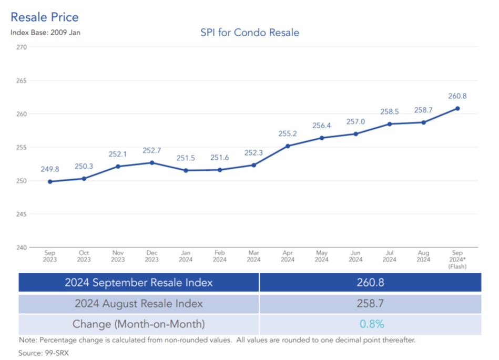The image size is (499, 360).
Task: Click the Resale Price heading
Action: [45, 17]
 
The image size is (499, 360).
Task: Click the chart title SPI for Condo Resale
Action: [249, 33]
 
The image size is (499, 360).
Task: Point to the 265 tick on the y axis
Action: [22, 80]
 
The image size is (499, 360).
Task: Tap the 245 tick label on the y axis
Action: [22, 214]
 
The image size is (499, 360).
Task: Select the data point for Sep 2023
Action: [50, 182]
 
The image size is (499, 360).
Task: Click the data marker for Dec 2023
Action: [152, 162]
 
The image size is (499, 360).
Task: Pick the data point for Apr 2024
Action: [288, 146]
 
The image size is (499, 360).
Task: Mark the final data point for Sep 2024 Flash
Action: [457, 108]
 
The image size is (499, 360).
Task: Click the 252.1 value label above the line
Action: [118, 154]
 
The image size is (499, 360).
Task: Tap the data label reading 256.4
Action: [321, 126]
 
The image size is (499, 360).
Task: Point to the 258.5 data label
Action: [390, 111]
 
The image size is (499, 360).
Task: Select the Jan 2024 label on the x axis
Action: [186, 256]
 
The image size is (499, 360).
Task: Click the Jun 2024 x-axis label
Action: [355, 256]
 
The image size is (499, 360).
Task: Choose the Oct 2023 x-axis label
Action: [84, 256]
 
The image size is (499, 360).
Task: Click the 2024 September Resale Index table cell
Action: [139, 282]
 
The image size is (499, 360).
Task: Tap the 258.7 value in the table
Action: [370, 304]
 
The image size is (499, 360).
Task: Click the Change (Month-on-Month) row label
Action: [139, 324]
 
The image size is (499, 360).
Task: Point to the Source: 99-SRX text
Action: [43, 353]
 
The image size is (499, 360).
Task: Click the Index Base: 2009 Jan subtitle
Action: [45, 32]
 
